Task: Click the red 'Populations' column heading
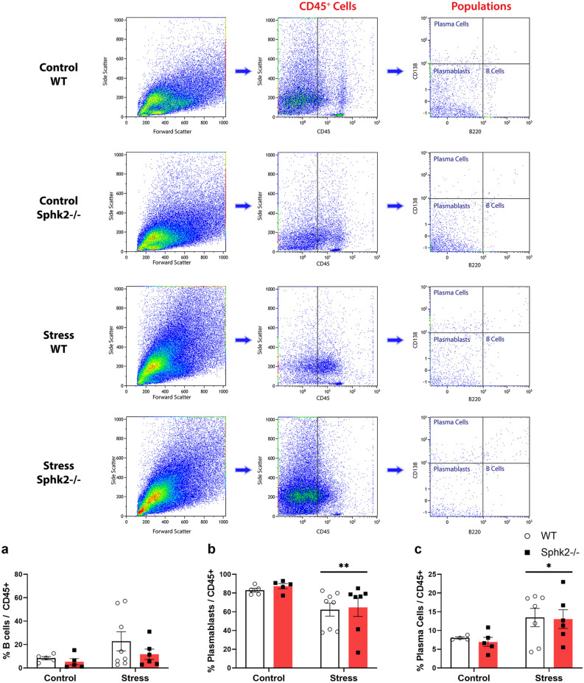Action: coord(481,7)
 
